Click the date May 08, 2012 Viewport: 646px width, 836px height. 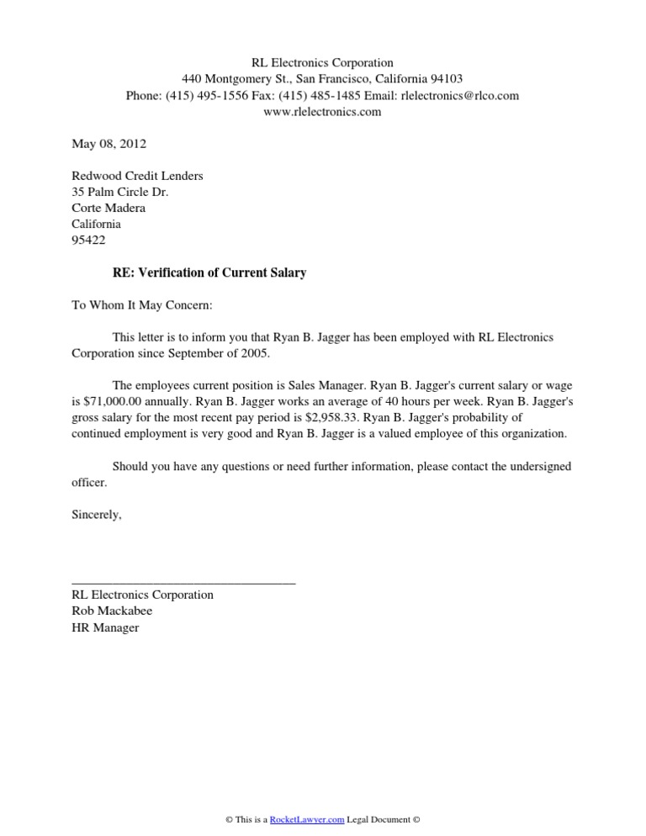pyautogui.click(x=109, y=144)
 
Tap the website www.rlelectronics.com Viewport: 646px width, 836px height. pyautogui.click(x=323, y=112)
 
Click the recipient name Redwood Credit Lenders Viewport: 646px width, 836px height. pyautogui.click(x=137, y=176)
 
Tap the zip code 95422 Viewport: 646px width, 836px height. pyautogui.click(x=89, y=241)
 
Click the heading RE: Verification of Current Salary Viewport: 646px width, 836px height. pyautogui.click(x=209, y=272)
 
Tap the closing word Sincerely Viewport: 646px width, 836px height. pyautogui.click(x=97, y=515)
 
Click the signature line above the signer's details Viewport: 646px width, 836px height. pyautogui.click(x=184, y=581)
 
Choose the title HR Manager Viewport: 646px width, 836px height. pyautogui.click(x=105, y=627)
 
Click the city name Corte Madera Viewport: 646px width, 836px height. pyautogui.click(x=109, y=208)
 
